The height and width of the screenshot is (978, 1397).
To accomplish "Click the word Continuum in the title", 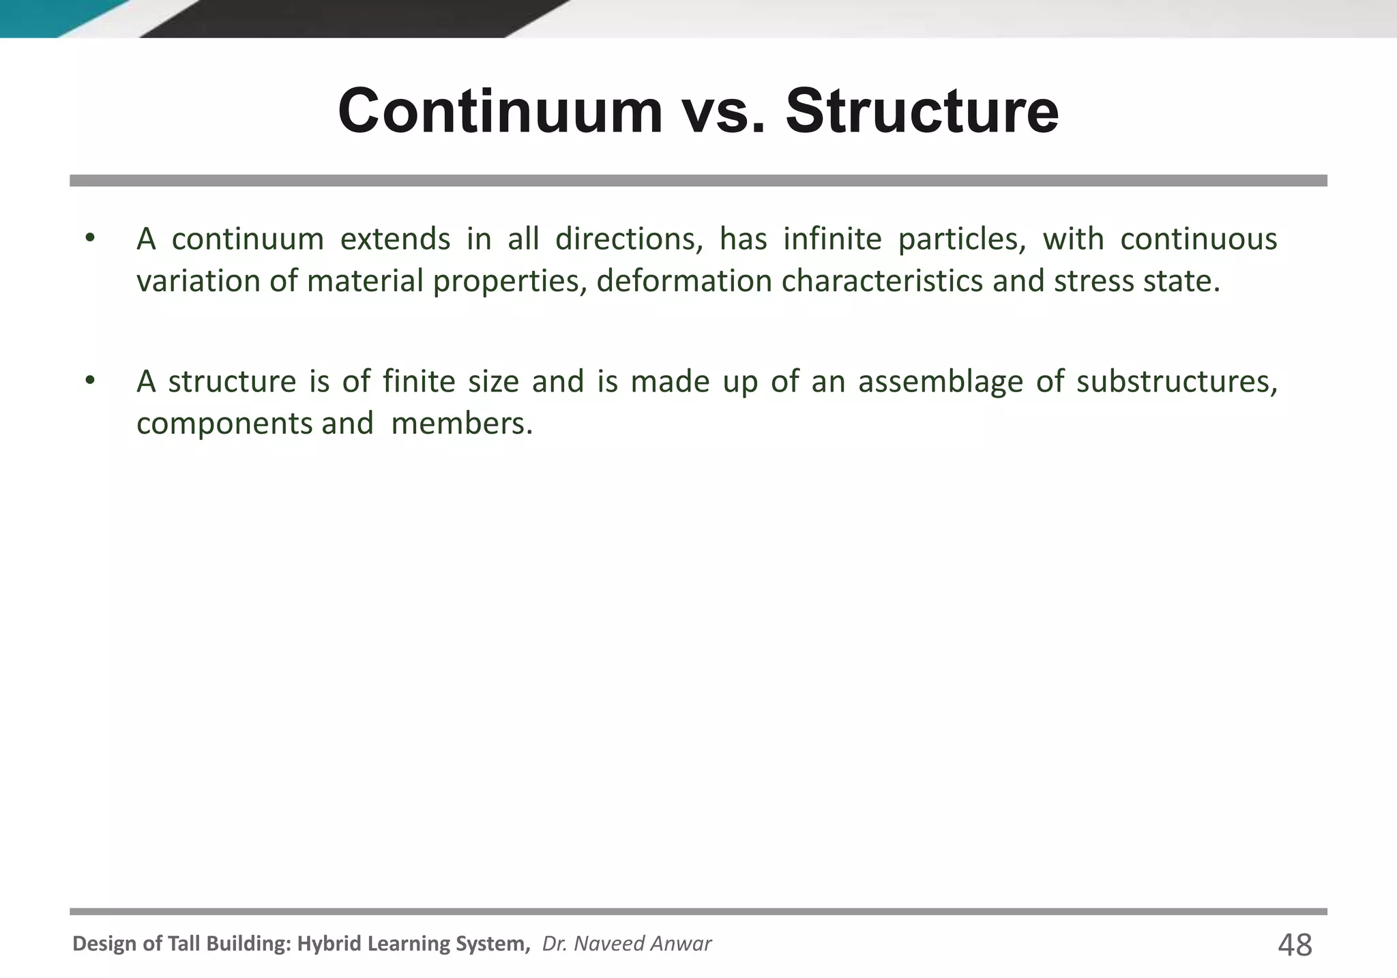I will (500, 111).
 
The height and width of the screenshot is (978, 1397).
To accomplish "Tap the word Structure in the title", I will (922, 111).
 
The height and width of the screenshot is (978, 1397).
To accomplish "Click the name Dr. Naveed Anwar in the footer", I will (627, 943).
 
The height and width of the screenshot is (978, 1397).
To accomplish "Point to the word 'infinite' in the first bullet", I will (832, 239).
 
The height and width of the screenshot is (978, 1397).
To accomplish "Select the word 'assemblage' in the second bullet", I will (940, 382).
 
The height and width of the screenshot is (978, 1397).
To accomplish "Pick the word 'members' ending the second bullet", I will (461, 424).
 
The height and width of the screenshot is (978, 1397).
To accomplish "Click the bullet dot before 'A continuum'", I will (89, 238).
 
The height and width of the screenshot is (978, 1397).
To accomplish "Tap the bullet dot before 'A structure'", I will (89, 381).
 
